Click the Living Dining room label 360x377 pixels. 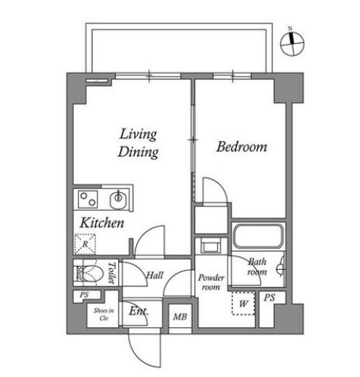coord(138,143)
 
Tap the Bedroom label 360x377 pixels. coord(241,147)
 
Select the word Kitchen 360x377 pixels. coord(102,224)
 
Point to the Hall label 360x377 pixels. coord(155,276)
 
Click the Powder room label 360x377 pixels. coord(213,282)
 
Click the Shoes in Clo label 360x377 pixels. coord(103,315)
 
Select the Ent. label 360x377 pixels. coord(138,311)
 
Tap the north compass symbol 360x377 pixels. coord(291,44)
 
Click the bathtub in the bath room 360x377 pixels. coord(257,236)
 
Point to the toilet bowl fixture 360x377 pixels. coord(91,271)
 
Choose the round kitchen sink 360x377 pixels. coord(118,200)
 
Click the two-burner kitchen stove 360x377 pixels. coord(88,200)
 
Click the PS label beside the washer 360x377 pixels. coord(268,298)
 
